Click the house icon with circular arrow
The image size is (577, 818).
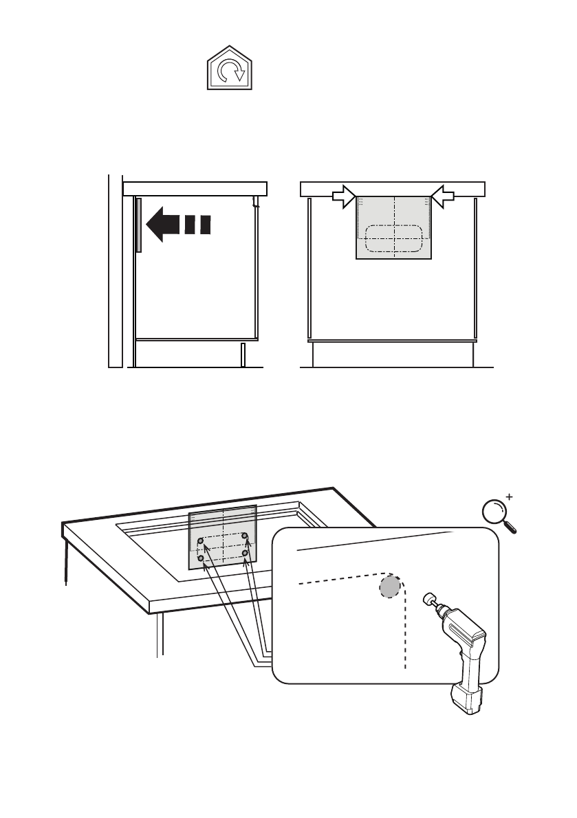228,69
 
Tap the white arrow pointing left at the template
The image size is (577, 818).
444,196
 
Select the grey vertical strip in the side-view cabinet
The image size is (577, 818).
138,225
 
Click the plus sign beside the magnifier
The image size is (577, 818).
510,495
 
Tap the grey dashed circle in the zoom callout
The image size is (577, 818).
390,587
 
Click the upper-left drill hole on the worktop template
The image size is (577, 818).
200,542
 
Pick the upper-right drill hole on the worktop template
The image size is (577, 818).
245,536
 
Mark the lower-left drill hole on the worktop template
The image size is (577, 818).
201,558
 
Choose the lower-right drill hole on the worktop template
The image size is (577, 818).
246,552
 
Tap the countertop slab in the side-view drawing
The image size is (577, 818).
195,188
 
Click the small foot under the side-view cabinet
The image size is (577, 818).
242,355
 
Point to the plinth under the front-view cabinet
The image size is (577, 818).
393,355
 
